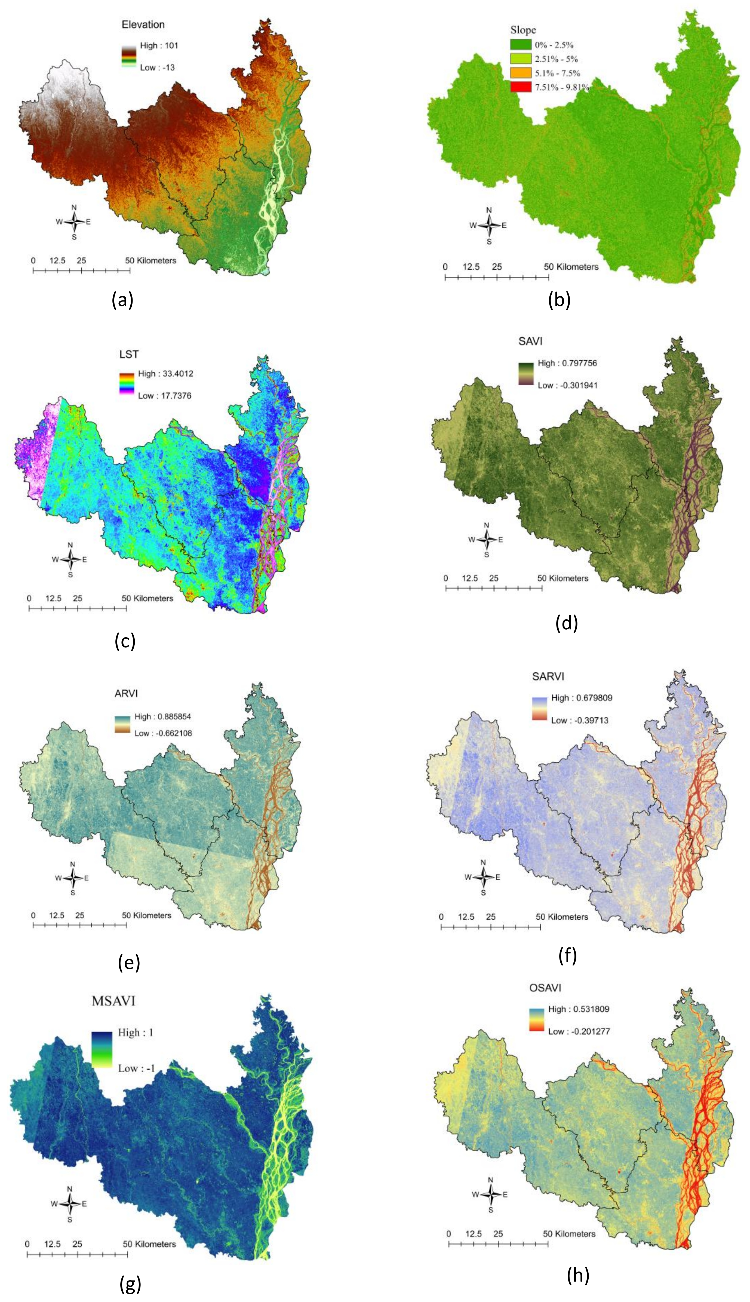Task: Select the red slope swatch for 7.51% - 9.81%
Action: click(x=520, y=87)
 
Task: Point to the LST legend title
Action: click(x=129, y=354)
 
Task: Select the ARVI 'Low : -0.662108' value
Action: click(x=163, y=733)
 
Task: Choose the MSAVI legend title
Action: click(x=113, y=1001)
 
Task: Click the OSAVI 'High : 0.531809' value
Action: click(x=579, y=1009)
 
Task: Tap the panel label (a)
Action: click(x=122, y=300)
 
